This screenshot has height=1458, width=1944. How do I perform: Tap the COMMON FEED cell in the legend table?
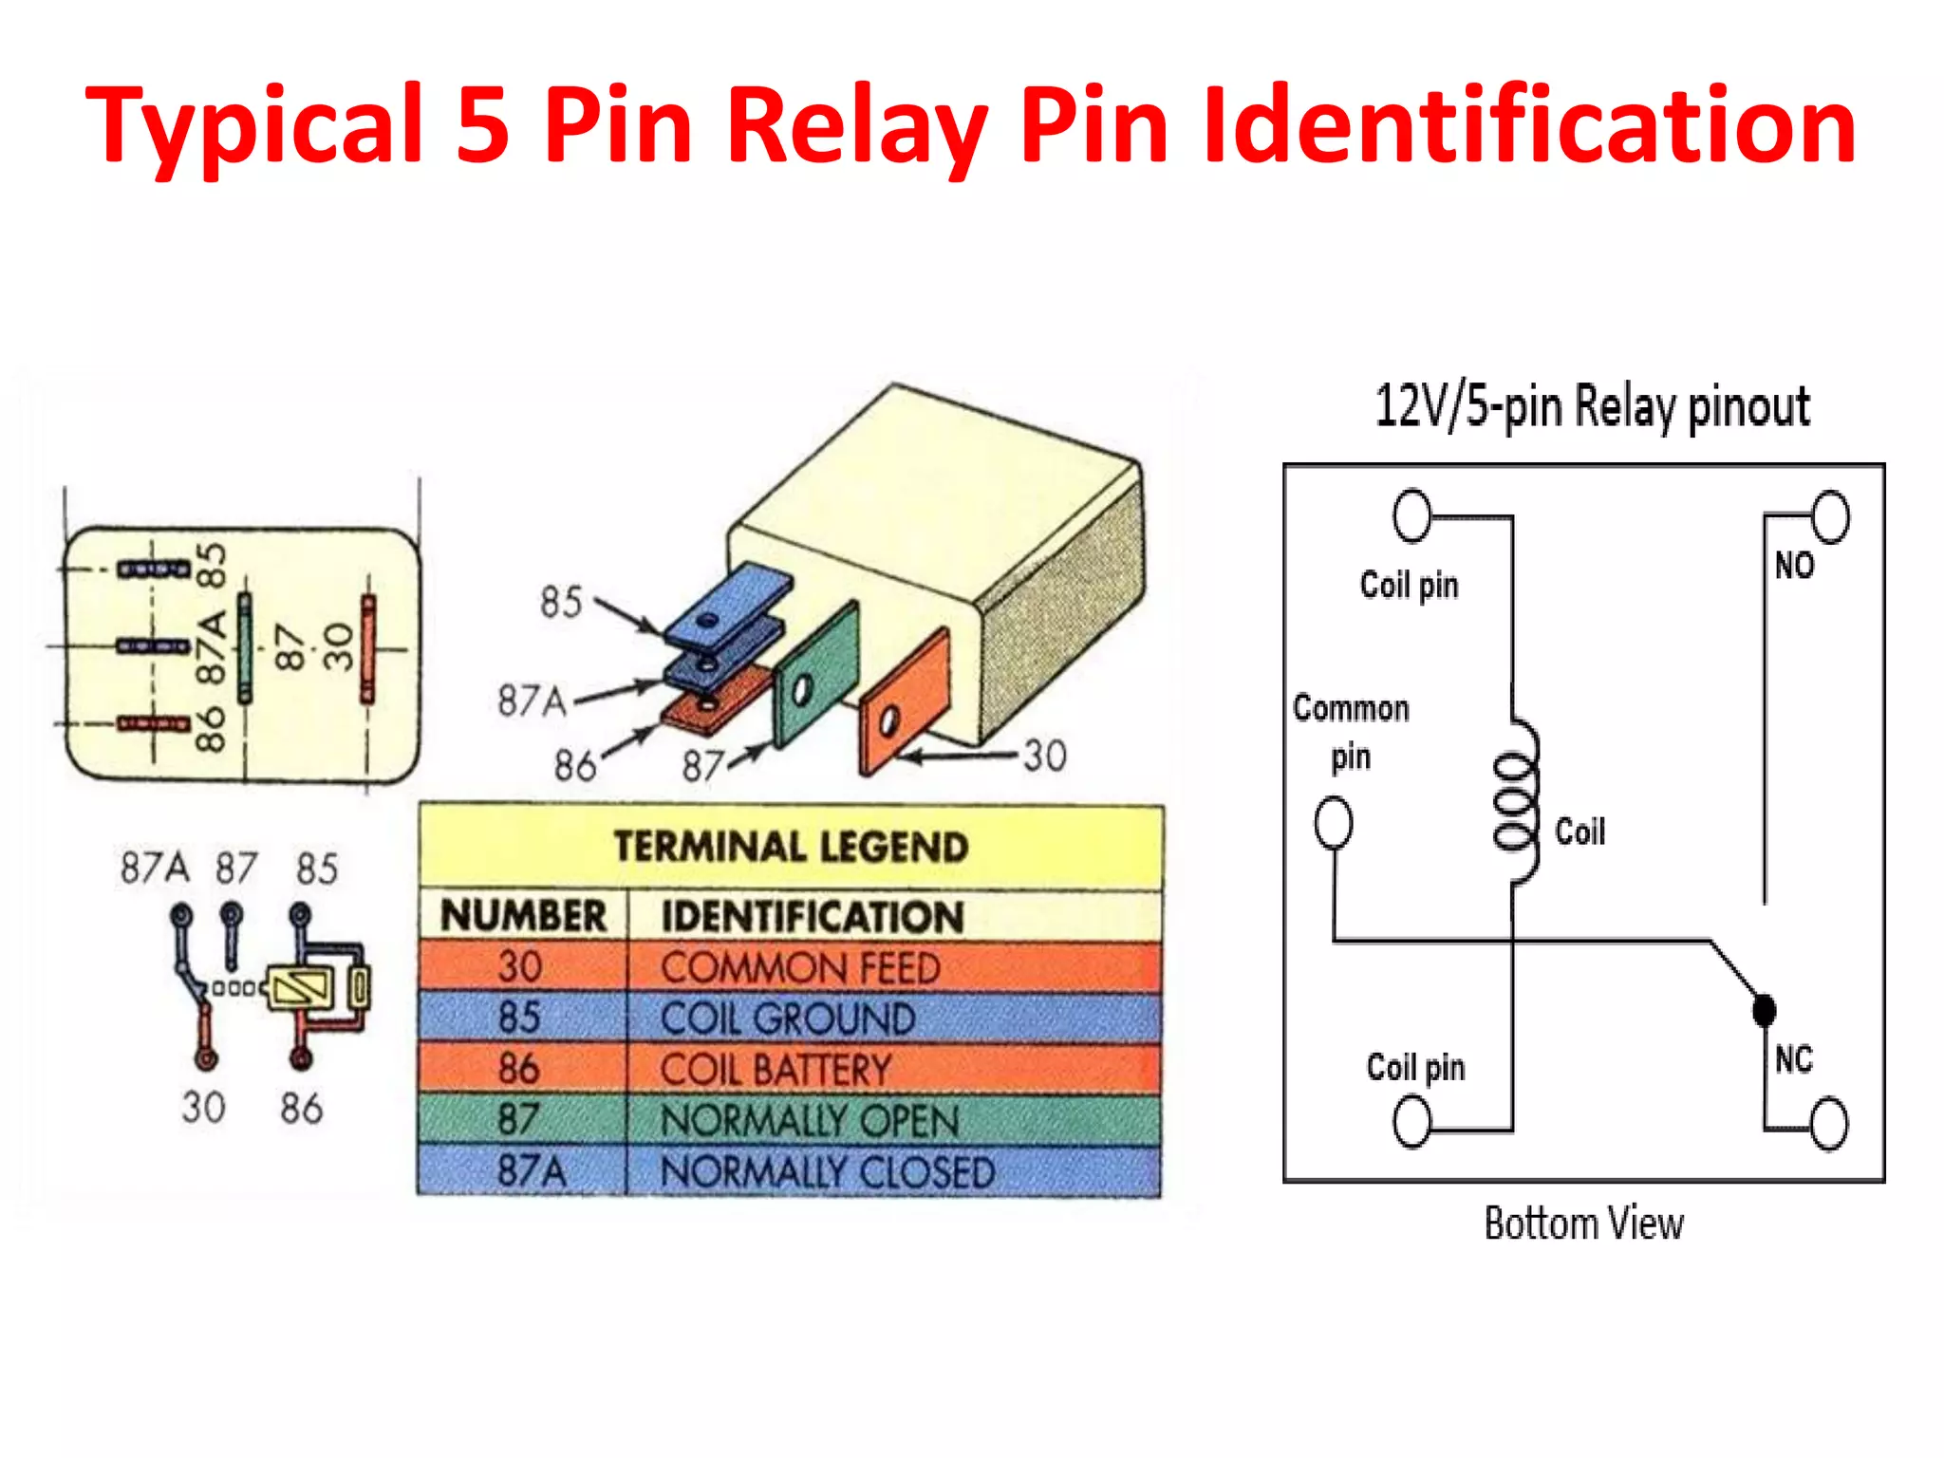point(800,967)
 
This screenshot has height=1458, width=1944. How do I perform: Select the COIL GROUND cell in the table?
point(788,1019)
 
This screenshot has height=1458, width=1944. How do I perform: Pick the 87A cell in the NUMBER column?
point(531,1171)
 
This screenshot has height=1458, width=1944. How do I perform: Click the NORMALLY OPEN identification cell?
point(810,1121)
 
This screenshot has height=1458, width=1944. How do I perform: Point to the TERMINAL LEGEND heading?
point(791,847)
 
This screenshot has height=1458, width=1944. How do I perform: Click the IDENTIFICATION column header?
point(813,917)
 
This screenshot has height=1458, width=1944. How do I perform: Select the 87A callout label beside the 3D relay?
point(532,701)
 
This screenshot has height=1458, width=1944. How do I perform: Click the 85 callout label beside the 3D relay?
point(560,602)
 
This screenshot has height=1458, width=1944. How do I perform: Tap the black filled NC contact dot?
point(1764,1010)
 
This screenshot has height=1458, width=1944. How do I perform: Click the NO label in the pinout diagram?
point(1794,566)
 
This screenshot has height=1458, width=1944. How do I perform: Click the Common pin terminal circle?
point(1333,822)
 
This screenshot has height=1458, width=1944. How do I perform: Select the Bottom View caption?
point(1583,1224)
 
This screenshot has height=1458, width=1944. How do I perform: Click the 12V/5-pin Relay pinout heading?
point(1592,406)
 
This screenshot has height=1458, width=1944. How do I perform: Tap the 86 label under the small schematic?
point(301,1108)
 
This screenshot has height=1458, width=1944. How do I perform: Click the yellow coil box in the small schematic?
point(299,988)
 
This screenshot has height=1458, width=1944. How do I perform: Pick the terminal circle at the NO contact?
point(1829,516)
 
